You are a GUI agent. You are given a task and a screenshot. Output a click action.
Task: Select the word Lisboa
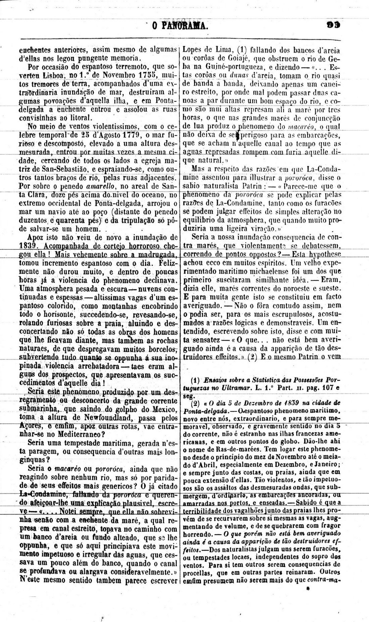pyautogui.click(x=50, y=74)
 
